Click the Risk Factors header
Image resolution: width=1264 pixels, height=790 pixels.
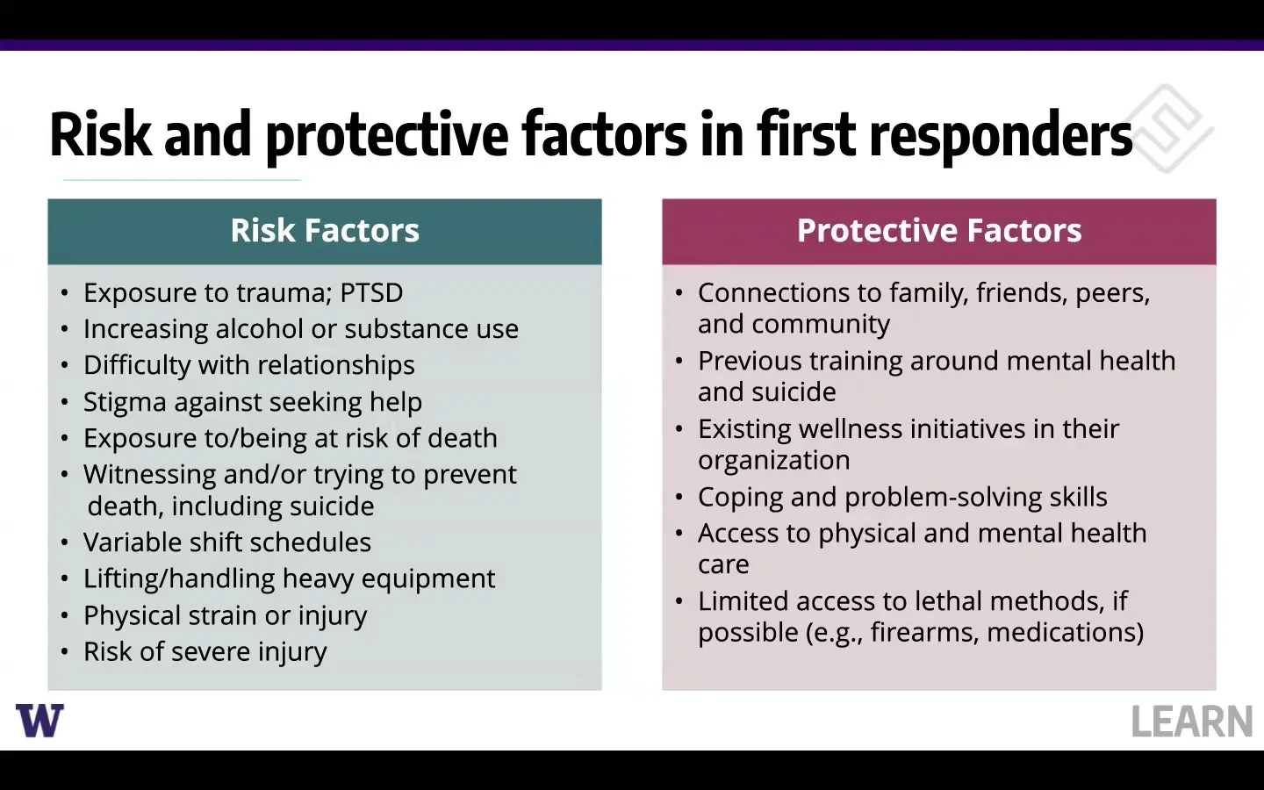point(325,231)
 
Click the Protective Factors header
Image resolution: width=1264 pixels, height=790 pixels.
point(938,231)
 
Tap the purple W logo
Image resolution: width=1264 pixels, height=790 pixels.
point(39,721)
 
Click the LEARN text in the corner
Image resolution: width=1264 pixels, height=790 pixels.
point(1191,722)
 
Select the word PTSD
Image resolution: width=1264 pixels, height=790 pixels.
point(370,292)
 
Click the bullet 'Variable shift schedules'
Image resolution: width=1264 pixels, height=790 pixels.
point(226,542)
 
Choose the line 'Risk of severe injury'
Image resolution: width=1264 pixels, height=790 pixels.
point(205,651)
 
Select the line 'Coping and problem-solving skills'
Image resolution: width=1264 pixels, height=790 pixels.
point(901,497)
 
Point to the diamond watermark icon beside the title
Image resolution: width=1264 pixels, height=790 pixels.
point(1167,128)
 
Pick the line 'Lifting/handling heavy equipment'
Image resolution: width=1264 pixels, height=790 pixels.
point(289,578)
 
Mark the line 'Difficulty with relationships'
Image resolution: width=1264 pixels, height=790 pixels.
point(248,365)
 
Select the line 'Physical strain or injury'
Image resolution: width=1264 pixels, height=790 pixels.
point(225,615)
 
